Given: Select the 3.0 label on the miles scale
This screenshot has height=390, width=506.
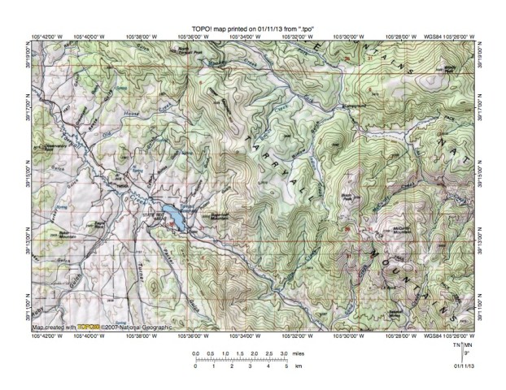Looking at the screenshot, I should (x=283, y=355).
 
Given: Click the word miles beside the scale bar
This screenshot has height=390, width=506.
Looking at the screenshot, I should (x=299, y=355).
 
